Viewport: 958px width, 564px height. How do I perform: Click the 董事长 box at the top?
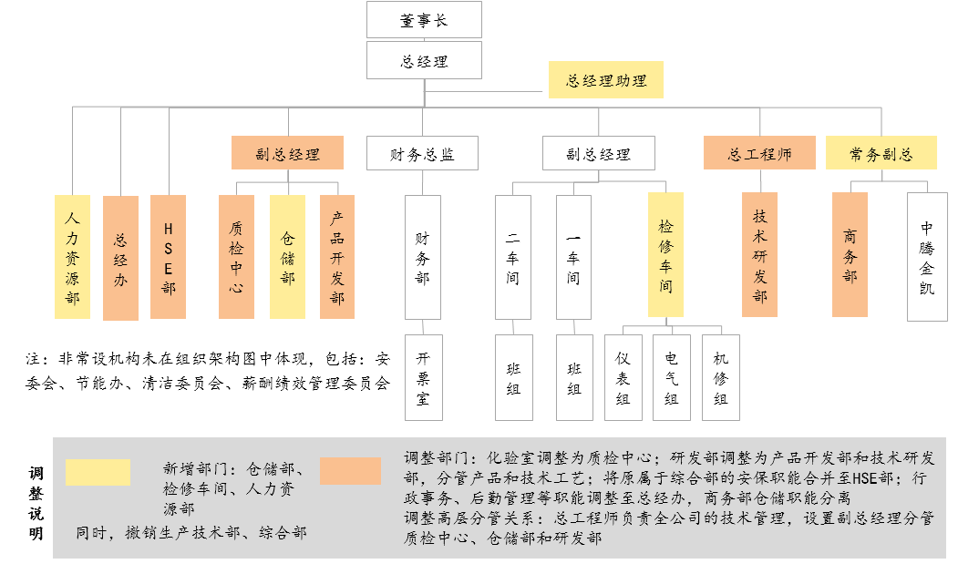[424, 19]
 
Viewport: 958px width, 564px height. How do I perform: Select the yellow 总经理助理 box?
[605, 79]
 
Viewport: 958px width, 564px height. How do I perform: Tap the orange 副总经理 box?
[287, 153]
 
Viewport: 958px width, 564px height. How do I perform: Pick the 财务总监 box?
[422, 153]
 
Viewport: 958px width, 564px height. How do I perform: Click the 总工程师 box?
[759, 153]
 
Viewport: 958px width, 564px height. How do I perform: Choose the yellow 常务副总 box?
[881, 153]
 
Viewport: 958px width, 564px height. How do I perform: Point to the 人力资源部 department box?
[72, 257]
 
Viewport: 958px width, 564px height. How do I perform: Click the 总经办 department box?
[120, 258]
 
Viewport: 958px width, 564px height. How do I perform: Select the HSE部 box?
[168, 257]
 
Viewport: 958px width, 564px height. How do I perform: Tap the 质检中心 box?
[236, 257]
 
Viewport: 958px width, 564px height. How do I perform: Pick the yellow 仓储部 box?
[287, 257]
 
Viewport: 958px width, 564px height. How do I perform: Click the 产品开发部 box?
[337, 257]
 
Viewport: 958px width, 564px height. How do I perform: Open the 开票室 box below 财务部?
[424, 377]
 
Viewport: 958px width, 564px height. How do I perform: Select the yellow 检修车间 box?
[665, 255]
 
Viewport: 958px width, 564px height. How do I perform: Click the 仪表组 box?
[623, 377]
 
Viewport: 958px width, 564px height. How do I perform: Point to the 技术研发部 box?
[759, 255]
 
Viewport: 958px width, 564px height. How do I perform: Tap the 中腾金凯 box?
[927, 257]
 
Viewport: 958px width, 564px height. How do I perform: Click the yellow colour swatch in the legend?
[98, 472]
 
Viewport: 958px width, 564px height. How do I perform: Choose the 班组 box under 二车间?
[514, 377]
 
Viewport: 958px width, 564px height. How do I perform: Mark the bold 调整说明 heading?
[36, 504]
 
